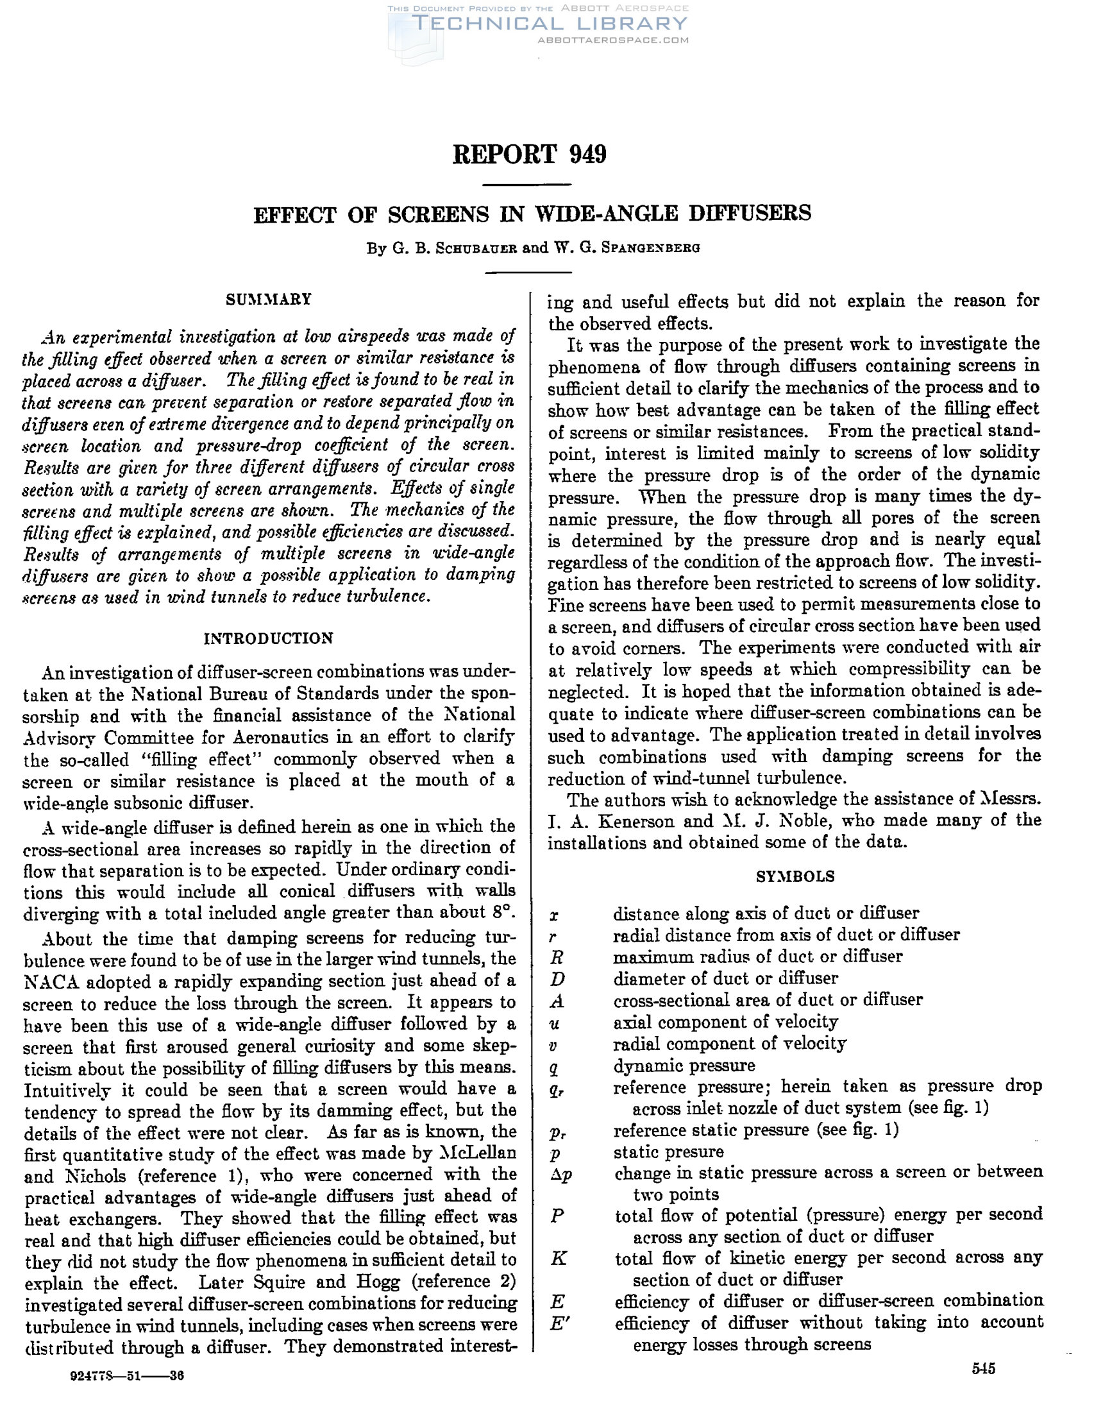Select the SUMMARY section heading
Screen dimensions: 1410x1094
click(x=269, y=300)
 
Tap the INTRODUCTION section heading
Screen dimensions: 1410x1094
click(x=269, y=638)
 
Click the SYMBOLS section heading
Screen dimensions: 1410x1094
click(x=795, y=876)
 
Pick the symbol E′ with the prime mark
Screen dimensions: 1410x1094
click(x=559, y=1323)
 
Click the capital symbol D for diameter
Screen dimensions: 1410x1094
click(x=558, y=979)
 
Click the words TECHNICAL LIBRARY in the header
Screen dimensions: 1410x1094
click(x=550, y=24)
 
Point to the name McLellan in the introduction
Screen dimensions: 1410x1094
click(x=479, y=1153)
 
